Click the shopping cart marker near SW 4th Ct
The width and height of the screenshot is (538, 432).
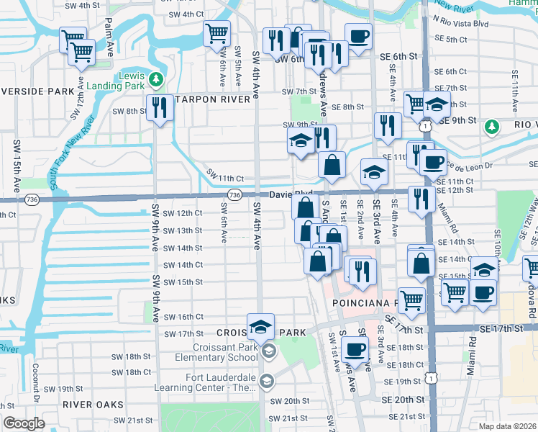tap(216, 33)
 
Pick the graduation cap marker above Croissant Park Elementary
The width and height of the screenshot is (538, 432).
tap(260, 327)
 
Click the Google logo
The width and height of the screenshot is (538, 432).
tap(24, 423)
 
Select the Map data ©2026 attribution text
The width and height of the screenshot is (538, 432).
tap(508, 426)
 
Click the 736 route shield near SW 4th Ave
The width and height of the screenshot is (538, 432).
tap(234, 195)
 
